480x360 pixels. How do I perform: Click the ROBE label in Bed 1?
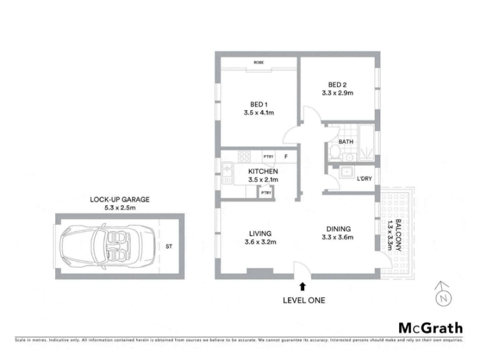(x=259, y=62)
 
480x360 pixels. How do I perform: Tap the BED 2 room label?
(x=337, y=85)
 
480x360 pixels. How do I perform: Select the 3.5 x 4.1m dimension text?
(x=259, y=113)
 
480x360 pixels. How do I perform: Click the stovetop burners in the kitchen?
(x=244, y=157)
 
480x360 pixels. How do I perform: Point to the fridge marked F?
(x=286, y=157)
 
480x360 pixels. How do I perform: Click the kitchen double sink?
(x=227, y=169)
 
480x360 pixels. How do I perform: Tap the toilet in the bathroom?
(x=335, y=153)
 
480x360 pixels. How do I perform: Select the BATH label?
(x=346, y=142)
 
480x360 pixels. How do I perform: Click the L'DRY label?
(x=364, y=178)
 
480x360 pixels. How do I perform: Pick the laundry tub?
(x=346, y=172)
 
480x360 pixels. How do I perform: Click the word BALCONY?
(x=398, y=235)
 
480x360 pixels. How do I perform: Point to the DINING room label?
(x=338, y=229)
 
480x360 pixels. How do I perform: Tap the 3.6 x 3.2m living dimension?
(x=260, y=242)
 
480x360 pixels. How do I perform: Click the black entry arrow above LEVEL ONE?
(x=303, y=287)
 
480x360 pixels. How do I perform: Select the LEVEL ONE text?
(x=304, y=301)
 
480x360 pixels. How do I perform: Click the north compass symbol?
(x=443, y=294)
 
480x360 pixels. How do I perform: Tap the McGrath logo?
(x=430, y=328)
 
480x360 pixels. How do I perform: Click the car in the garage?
(x=109, y=247)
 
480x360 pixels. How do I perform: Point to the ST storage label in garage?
(x=169, y=247)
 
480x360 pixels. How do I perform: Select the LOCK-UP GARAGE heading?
(x=119, y=200)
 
